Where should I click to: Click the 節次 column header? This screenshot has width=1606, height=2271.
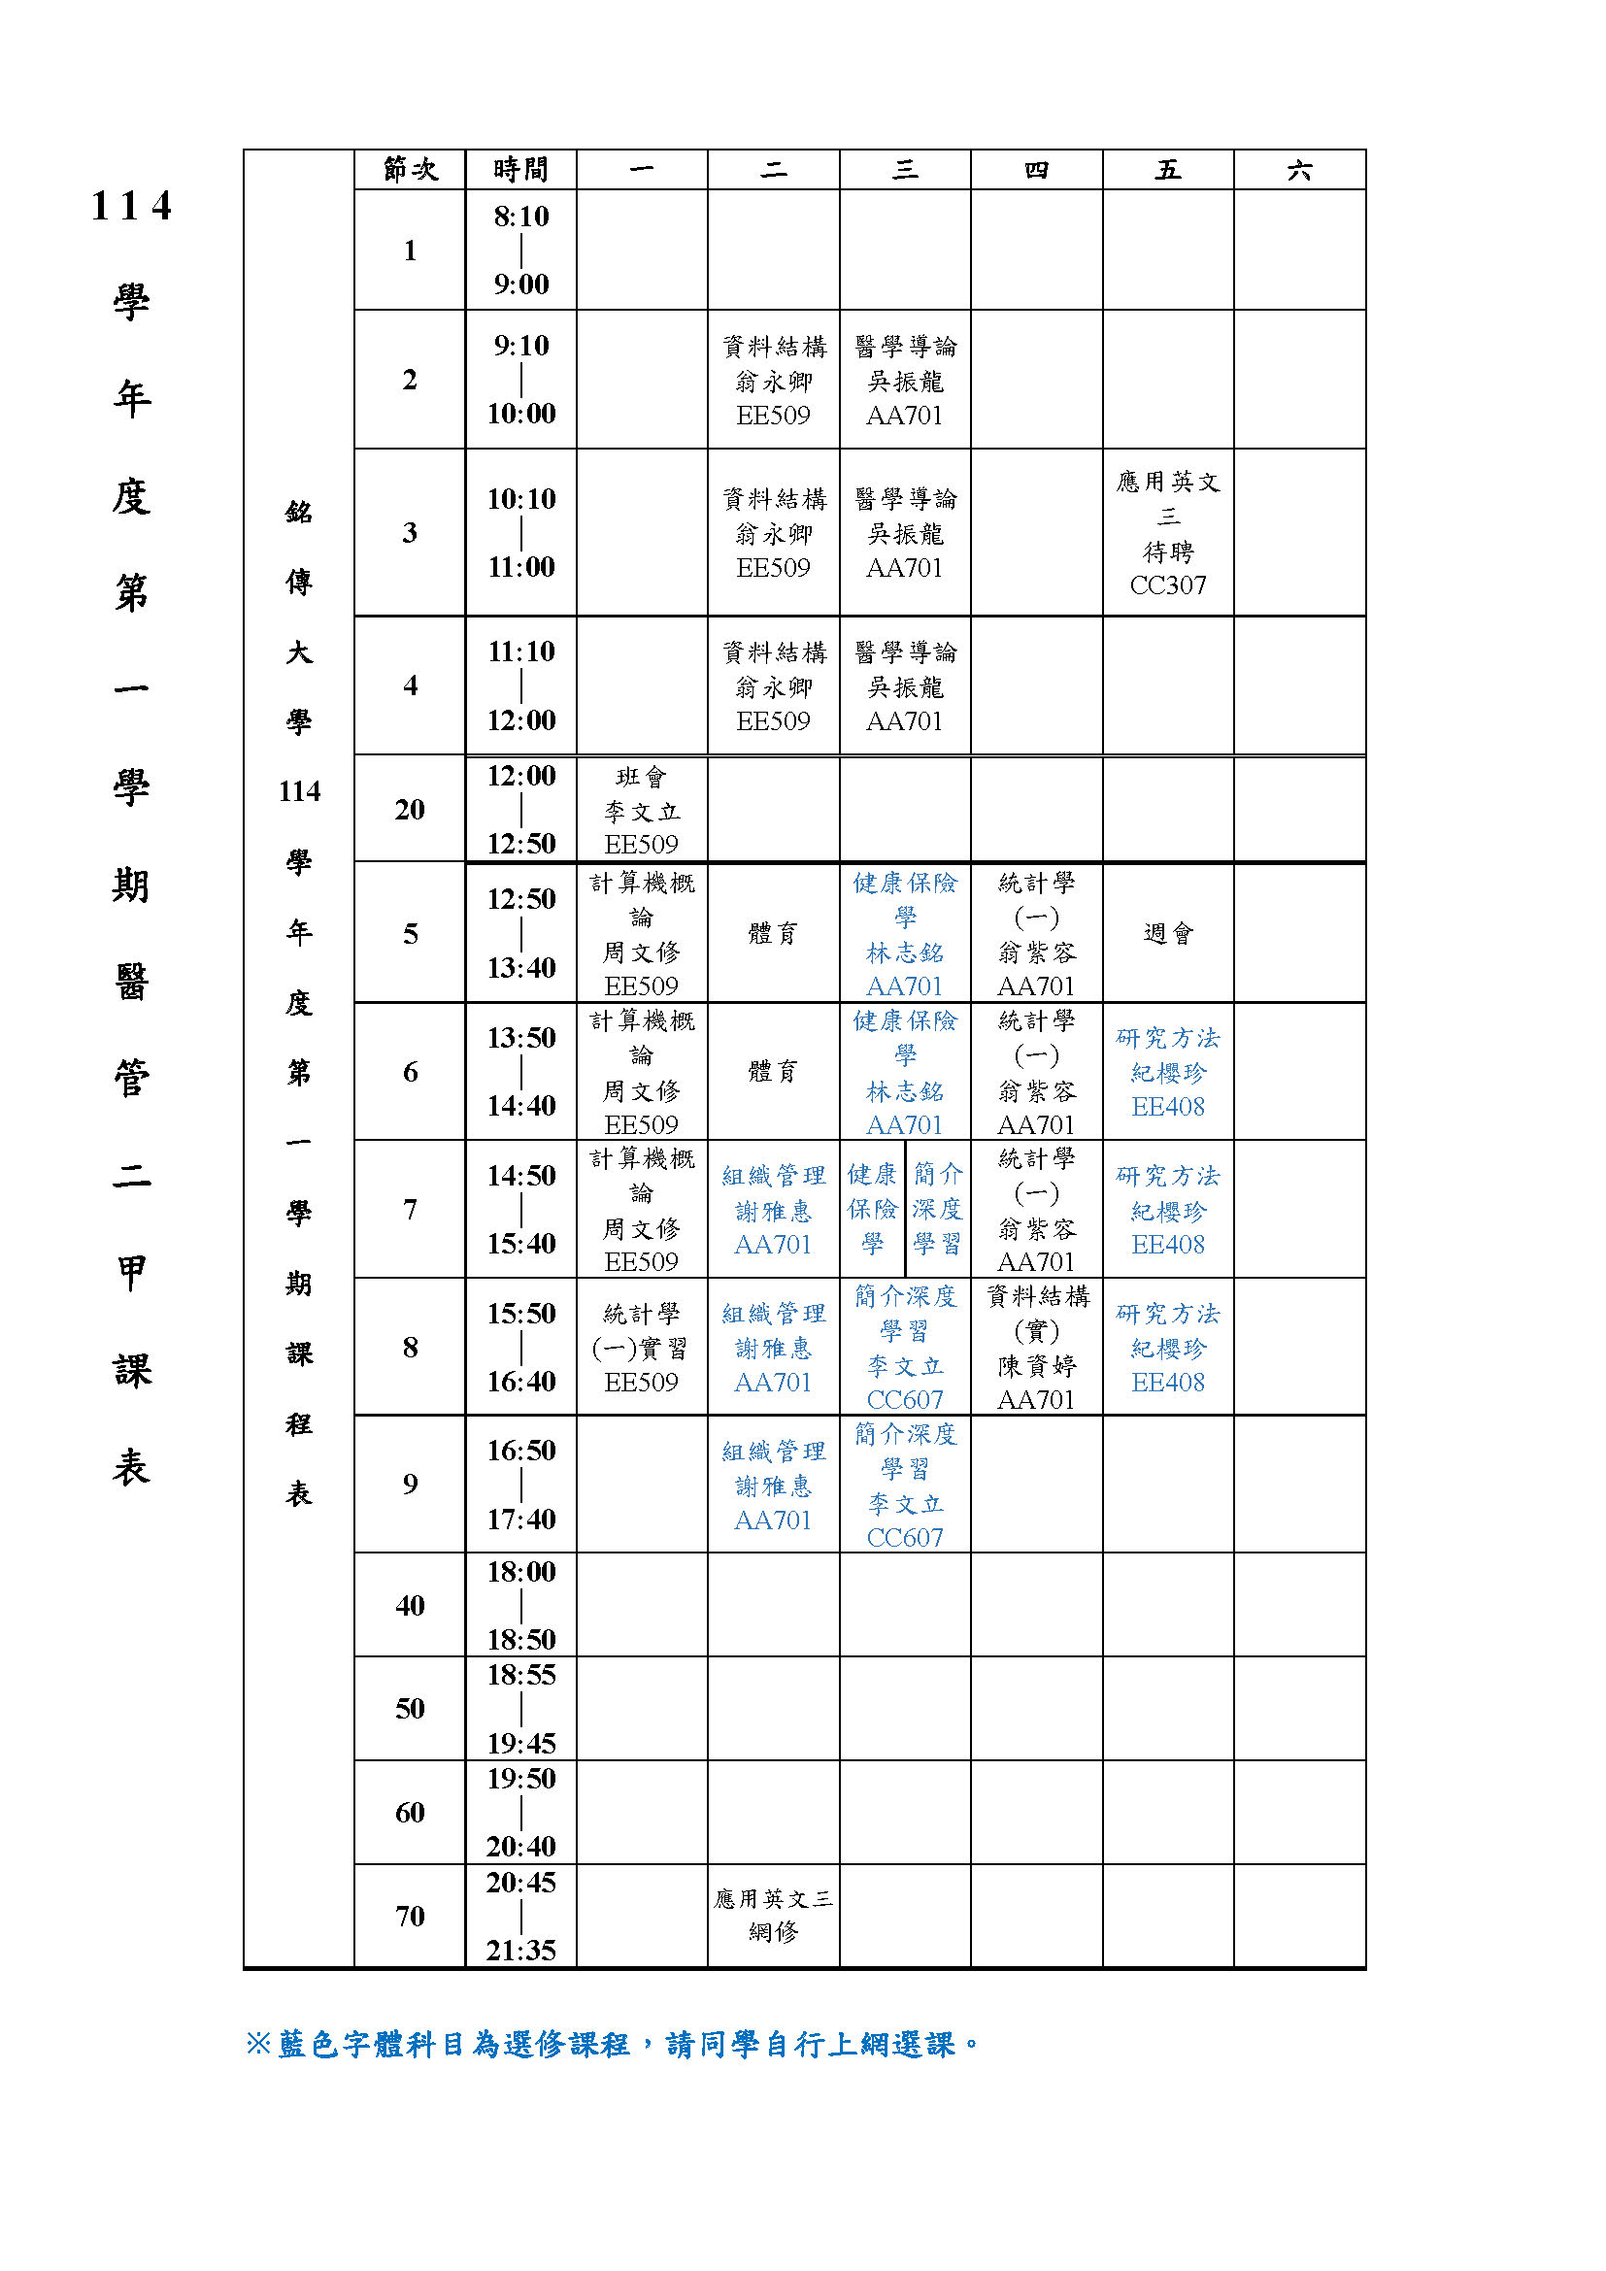tap(410, 170)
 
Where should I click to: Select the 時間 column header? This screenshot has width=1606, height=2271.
tap(521, 170)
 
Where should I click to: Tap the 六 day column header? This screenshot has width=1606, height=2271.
tap(1299, 170)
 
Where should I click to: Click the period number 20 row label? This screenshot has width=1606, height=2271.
tap(410, 809)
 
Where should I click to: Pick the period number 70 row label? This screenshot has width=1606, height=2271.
tap(410, 1916)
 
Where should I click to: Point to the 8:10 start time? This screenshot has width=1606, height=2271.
tap(521, 217)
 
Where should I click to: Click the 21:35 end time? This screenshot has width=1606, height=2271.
tap(521, 1950)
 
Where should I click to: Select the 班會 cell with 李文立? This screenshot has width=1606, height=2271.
tap(642, 810)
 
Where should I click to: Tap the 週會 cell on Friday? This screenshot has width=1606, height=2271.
tap(1168, 933)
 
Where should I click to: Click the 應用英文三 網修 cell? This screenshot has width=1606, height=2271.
tap(773, 1915)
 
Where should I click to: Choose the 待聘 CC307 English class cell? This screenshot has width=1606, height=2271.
tap(1168, 533)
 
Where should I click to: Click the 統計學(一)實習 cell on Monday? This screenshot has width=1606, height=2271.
tap(642, 1348)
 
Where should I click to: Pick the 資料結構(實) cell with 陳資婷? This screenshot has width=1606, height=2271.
tap(1036, 1348)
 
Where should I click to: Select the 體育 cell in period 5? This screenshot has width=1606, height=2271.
tap(773, 933)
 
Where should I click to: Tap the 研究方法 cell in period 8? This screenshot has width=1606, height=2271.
tap(1168, 1348)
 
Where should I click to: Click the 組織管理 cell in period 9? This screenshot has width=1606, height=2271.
tap(773, 1485)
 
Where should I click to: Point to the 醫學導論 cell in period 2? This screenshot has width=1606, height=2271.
tap(905, 380)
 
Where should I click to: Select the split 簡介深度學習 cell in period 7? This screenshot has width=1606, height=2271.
tap(938, 1209)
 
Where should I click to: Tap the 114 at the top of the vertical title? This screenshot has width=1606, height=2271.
tap(131, 207)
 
